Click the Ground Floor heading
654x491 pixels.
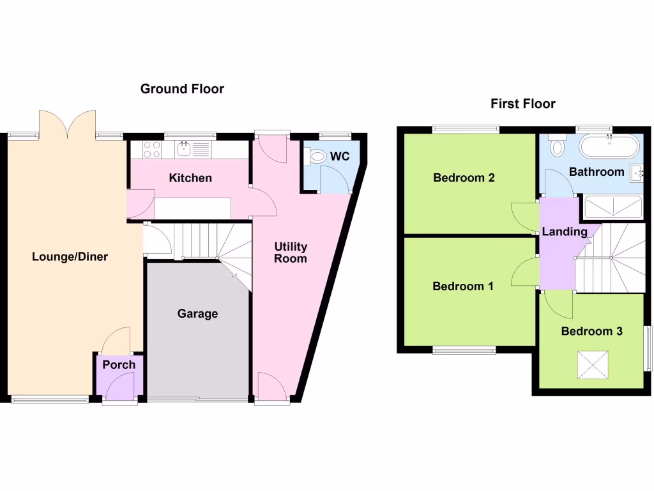click(182, 89)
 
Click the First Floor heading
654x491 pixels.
click(523, 104)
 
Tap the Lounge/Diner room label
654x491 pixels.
click(70, 257)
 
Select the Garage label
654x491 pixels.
click(197, 314)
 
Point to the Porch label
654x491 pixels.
click(119, 365)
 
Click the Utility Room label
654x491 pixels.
click(291, 253)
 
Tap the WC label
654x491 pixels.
click(340, 157)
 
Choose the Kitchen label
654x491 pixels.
click(190, 178)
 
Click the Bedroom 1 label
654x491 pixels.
click(463, 286)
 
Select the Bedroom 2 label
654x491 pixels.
click(464, 178)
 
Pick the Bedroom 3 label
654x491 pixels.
click(591, 331)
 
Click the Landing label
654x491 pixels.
click(565, 231)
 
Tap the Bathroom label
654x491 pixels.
click(597, 171)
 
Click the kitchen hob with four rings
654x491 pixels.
click(152, 150)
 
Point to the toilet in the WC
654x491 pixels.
click(316, 157)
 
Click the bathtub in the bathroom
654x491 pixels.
click(609, 148)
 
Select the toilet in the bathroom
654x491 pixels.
click(556, 147)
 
